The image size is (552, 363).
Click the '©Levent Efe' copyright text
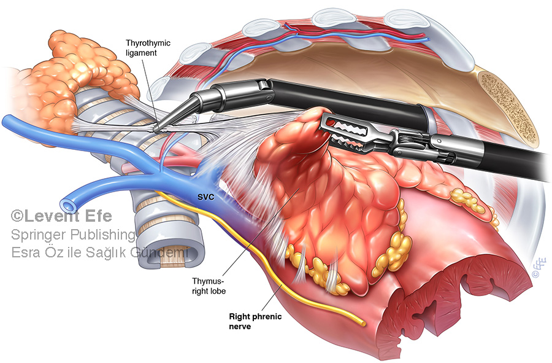tap(60, 216)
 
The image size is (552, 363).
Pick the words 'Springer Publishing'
tap(74, 235)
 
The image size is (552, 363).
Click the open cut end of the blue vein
tap(66, 204)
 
